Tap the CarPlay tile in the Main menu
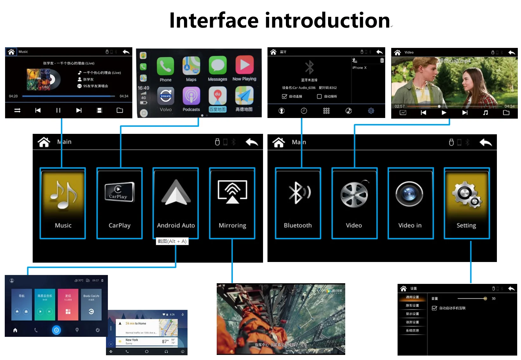coord(120,192)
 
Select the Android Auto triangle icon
coord(176,193)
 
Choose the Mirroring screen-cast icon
coord(232,191)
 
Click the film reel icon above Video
coord(354,194)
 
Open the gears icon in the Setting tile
coord(466,194)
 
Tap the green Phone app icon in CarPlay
coord(165,66)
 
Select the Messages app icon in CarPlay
coord(217,65)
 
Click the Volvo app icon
coord(165,96)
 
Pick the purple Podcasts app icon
coord(191,96)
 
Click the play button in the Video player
coord(444,113)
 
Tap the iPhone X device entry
coord(359,68)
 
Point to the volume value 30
coord(493,298)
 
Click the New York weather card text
coord(132,340)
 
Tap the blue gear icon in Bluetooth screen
coord(371,111)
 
